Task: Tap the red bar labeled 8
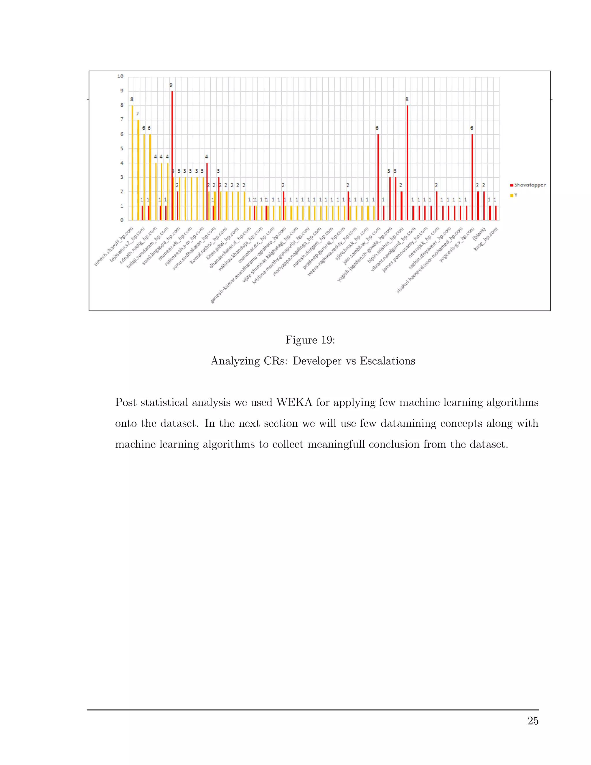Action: pos(407,163)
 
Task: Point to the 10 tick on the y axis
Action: pos(120,76)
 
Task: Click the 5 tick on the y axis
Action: pos(121,148)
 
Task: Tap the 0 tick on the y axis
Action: pos(121,220)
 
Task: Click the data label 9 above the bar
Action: pos(171,85)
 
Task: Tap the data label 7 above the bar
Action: pos(138,114)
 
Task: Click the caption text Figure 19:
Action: pos(310,340)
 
